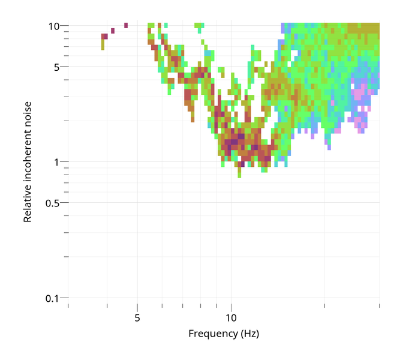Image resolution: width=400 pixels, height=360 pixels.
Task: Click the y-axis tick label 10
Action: coord(53,26)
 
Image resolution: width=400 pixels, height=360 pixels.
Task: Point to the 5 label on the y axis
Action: coord(56,67)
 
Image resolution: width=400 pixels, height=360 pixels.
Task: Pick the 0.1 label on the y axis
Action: coord(53,298)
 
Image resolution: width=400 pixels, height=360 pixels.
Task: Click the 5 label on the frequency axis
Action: coord(137,316)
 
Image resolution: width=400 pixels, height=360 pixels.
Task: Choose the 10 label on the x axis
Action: coord(231,316)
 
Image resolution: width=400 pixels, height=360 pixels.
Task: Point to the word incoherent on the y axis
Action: coord(28,150)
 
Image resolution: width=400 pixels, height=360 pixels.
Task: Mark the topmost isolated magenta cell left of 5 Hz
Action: coord(126,25)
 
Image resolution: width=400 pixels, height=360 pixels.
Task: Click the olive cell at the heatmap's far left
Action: coord(103,44)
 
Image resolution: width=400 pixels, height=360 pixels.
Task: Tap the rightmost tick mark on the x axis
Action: coord(379,306)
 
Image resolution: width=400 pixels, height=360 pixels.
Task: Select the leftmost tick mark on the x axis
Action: coord(68,306)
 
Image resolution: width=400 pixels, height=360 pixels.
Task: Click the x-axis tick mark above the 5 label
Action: coord(137,306)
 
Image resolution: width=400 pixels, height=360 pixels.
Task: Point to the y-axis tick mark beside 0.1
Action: coord(64,298)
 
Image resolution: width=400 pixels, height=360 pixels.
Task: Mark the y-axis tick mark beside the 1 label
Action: coord(64,162)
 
